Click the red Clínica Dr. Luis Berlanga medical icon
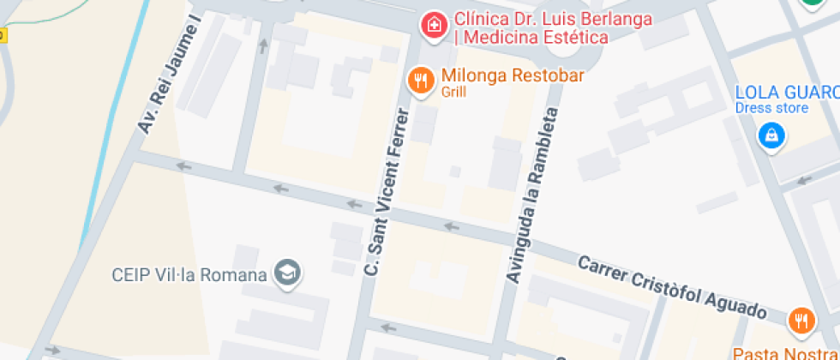coord(435,24)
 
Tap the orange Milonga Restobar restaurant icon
coord(420,81)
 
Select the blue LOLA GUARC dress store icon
coord(771,135)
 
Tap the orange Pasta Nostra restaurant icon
coord(800,321)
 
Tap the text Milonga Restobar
coord(513,75)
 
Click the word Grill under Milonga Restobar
coord(454,92)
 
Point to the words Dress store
coord(771,108)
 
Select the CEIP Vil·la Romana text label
coord(189,275)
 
